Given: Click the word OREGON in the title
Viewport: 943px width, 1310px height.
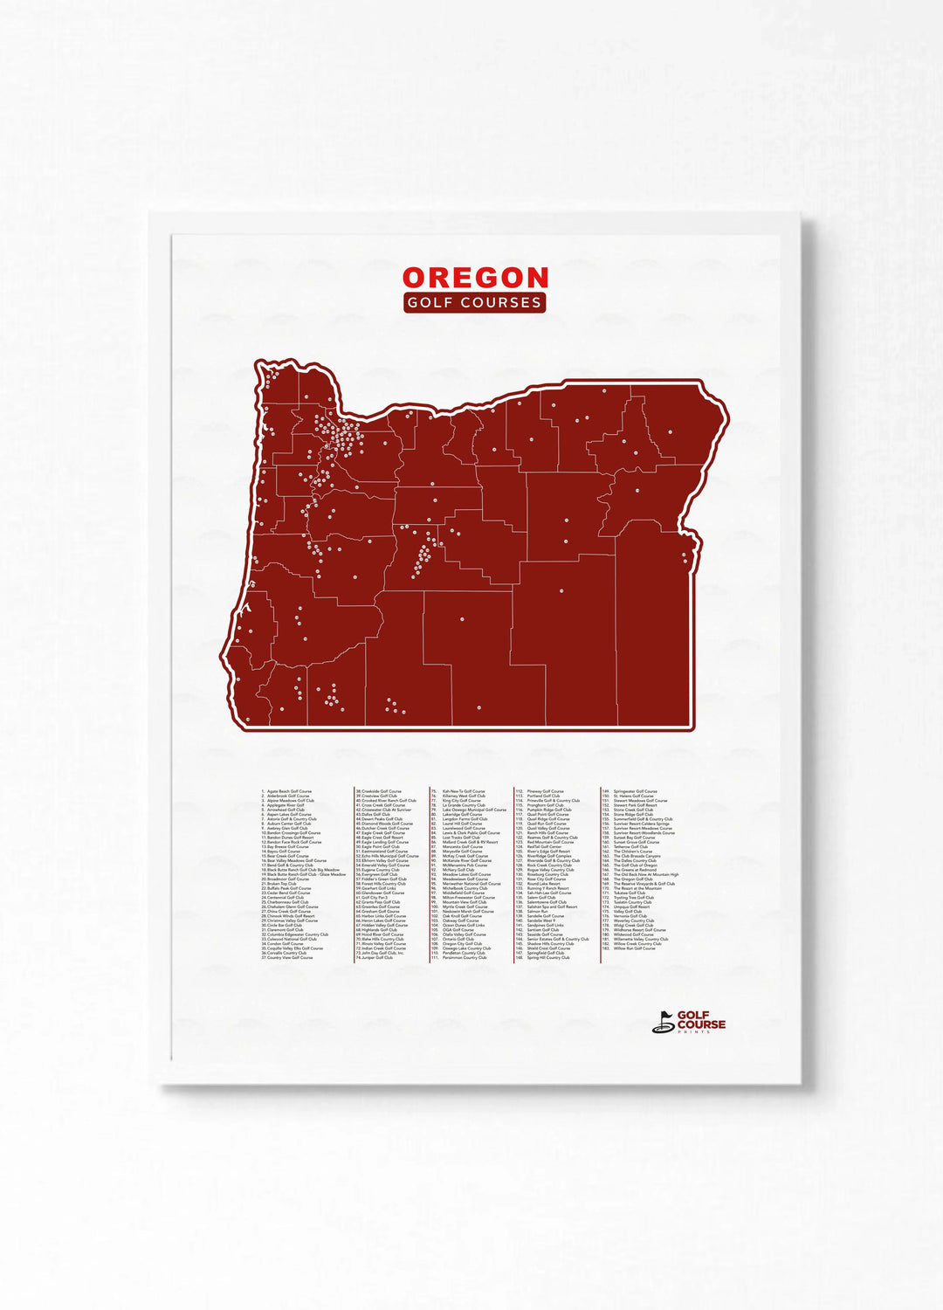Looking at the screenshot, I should coord(475,278).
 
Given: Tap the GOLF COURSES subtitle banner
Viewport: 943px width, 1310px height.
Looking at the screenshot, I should coord(475,302).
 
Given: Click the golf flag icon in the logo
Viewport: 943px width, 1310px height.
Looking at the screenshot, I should coord(664,1022).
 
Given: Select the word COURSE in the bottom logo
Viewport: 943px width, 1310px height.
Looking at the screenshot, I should coord(701,1024).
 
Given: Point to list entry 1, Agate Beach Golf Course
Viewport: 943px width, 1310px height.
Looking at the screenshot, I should coord(287,791).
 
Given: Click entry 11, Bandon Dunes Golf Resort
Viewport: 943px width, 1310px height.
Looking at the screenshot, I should coord(288,838).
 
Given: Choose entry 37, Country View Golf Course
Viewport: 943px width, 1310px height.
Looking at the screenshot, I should coord(287,957).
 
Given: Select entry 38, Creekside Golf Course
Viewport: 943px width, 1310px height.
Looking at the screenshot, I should coord(379,791).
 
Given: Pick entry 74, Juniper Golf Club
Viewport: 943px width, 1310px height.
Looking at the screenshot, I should coord(375,957).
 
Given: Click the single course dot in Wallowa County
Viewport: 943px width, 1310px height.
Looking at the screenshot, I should coord(671,431).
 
